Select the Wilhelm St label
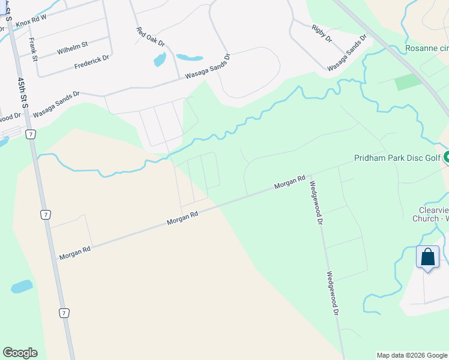pos(72,48)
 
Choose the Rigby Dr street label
pos(322,33)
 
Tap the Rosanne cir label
pos(426,48)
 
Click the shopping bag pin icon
pos(427,257)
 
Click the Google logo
pos(20,353)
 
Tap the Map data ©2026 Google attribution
pos(412,355)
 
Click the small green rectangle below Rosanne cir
pos(408,82)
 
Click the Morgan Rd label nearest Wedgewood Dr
pos(291,182)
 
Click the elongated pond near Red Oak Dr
pos(189,58)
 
